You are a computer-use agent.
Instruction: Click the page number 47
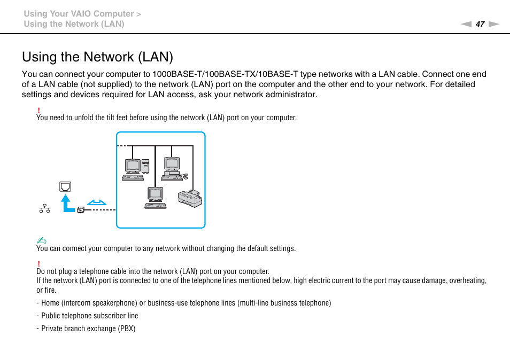pos(480,24)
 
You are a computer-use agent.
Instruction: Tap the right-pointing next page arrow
pos(493,24)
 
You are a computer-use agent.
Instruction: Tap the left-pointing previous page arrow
pos(466,24)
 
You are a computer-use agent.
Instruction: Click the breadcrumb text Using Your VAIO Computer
pos(78,14)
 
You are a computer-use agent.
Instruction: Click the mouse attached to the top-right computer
pos(185,176)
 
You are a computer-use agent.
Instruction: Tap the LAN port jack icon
pos(65,186)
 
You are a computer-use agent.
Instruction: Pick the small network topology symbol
pos(44,208)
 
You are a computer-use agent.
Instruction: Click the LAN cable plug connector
pos(81,210)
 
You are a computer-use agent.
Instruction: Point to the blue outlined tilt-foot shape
pos(97,202)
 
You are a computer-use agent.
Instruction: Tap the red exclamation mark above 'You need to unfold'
pos(38,110)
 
